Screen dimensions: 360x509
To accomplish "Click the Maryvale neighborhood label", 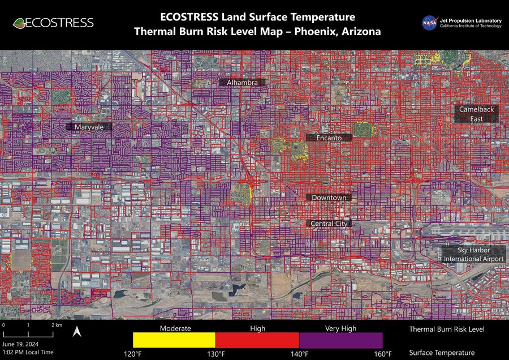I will coord(89,127).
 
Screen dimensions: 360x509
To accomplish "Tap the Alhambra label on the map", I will coord(242,83).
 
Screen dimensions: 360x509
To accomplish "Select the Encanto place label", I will coord(329,138).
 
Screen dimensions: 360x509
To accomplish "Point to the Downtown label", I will coord(329,198).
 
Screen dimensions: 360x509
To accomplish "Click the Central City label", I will coord(329,224).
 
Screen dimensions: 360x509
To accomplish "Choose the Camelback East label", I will coord(477,114).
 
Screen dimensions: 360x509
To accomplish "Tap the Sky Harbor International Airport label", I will coord(473,254).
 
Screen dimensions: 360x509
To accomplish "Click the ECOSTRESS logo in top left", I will coord(53,23).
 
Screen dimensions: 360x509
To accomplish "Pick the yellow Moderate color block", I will coord(174,340).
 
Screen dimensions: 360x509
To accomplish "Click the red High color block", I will coord(257,340).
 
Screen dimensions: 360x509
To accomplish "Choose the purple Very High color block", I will coord(341,340).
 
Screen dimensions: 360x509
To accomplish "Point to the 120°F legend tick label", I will coord(133,354).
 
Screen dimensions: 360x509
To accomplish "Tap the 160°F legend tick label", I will coord(383,354).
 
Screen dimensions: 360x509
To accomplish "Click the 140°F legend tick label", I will coord(299,354).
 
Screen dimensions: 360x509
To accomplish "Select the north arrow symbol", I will coord(77,333).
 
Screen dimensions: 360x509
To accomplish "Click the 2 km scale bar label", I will coord(57,325).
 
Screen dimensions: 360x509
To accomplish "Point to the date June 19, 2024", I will coord(20,344).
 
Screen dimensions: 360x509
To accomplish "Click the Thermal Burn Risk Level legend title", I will coord(447,329).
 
